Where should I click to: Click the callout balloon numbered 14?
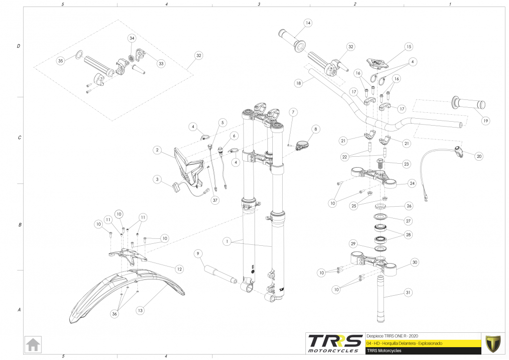(308, 23)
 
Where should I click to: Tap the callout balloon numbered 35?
(61, 60)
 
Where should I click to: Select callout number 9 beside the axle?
(198, 254)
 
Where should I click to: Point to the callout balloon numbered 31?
(408, 293)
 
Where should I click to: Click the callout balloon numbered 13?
(140, 311)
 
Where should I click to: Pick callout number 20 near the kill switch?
(478, 156)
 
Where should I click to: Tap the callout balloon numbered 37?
(215, 200)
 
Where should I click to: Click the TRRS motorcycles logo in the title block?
(334, 343)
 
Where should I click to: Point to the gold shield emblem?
(493, 343)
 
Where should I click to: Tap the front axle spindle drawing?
(217, 273)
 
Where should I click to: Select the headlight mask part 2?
(190, 166)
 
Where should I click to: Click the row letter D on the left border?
(19, 46)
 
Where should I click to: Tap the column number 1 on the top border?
(450, 4)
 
